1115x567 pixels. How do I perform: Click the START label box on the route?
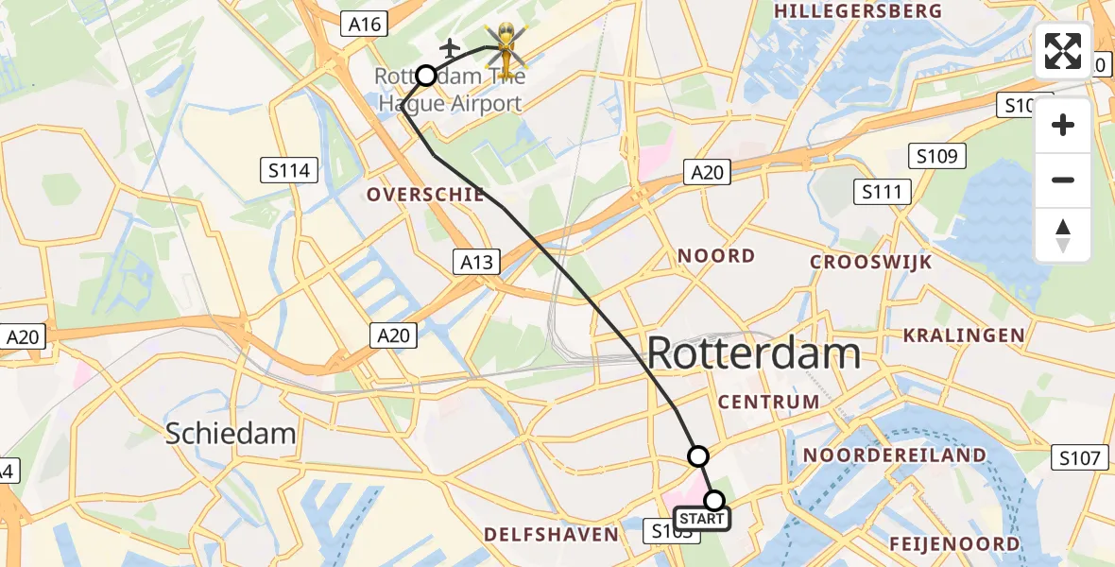(702, 519)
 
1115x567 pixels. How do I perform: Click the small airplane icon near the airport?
(451, 47)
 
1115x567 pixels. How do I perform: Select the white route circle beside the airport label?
(426, 76)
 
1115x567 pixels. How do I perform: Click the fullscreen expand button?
(1063, 51)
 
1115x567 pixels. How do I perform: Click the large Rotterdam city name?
(753, 354)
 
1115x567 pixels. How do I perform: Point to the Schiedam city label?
(231, 434)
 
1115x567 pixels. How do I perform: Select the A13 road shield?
(477, 263)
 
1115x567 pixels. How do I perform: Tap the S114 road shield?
(289, 170)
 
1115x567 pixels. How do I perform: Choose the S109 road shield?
(936, 156)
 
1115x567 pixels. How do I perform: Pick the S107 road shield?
(1079, 458)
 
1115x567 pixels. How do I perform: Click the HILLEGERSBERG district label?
(858, 11)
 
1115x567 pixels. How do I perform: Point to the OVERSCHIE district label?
(425, 195)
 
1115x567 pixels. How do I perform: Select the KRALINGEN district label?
(964, 335)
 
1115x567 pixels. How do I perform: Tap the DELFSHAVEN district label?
(551, 535)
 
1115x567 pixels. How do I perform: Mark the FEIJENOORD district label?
(954, 543)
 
